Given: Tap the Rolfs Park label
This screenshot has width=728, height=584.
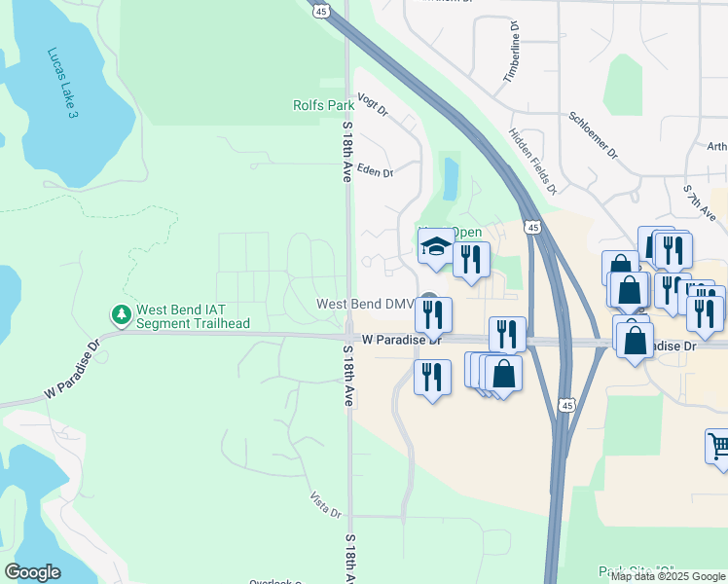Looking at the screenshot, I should tap(323, 105).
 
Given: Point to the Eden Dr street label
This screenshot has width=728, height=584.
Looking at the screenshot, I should tap(375, 172).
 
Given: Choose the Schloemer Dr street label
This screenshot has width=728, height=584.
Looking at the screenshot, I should tap(593, 135).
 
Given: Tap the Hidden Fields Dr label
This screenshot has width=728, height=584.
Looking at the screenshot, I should tap(532, 162).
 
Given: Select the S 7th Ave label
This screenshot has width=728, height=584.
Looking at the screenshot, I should tap(700, 204).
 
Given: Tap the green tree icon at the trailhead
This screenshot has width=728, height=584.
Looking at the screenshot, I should tap(121, 314).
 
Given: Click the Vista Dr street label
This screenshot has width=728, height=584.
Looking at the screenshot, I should tap(327, 506).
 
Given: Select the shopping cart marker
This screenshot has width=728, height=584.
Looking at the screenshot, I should tap(718, 446).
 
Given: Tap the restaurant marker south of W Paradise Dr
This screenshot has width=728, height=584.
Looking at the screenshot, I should tap(432, 376).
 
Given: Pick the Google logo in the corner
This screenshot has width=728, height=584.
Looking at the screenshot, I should tap(32, 572).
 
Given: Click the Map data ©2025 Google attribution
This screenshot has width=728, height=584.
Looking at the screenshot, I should tap(668, 576).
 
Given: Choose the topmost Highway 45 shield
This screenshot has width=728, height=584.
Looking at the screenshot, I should tap(322, 9).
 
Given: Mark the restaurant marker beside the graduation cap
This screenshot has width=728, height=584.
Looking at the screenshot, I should tap(471, 260).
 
